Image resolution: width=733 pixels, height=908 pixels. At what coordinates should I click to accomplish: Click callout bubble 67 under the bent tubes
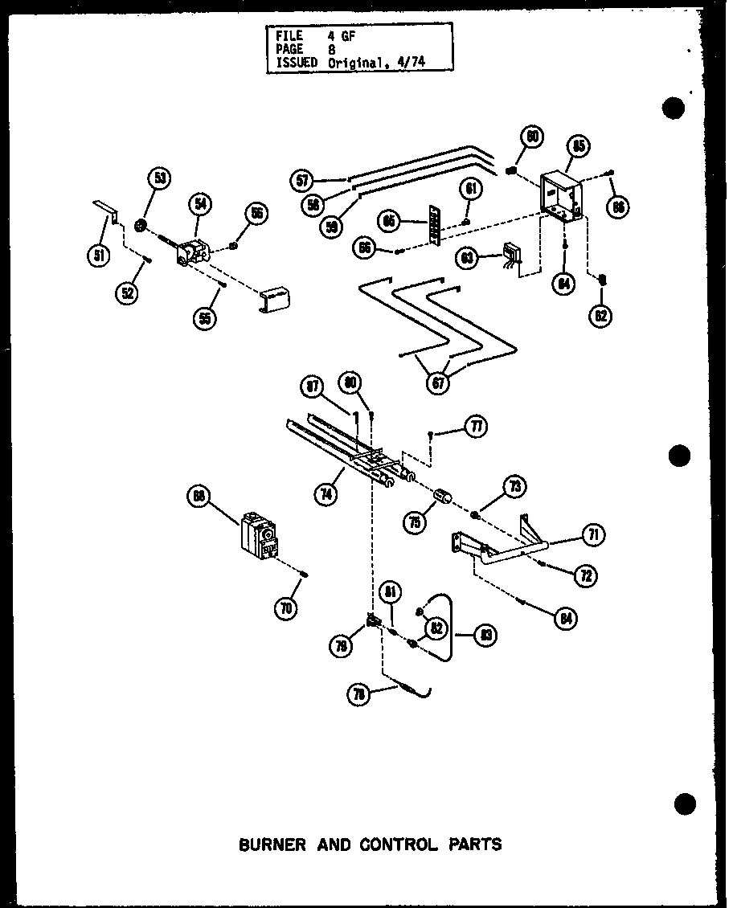(439, 382)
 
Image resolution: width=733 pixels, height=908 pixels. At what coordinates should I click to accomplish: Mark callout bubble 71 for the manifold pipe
(595, 534)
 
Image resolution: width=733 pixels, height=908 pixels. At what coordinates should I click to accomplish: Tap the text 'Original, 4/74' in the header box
(361, 62)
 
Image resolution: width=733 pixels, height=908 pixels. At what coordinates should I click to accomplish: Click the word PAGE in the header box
(288, 48)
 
